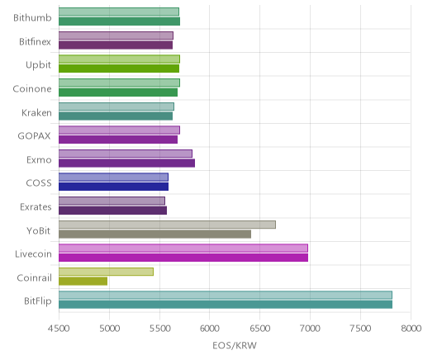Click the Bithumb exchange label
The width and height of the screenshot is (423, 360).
pos(32,17)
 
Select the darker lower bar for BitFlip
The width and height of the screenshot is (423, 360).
pos(226,305)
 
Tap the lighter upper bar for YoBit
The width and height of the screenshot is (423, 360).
pos(167,225)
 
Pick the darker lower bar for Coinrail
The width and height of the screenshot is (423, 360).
pos(83,282)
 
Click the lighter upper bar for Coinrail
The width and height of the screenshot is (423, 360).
pos(106,272)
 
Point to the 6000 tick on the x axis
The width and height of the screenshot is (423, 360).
pos(209,329)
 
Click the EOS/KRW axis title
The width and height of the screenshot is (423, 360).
pos(235,345)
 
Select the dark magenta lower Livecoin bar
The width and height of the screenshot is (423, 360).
pos(183,258)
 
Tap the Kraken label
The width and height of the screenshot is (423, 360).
pos(36,113)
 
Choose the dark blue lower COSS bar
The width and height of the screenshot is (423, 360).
pos(113,187)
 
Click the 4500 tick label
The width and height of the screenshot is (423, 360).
pos(59,329)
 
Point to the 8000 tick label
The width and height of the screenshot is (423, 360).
pos(411,329)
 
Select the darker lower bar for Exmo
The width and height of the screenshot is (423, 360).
pos(126,163)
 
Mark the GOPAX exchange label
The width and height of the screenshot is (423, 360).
pos(35,136)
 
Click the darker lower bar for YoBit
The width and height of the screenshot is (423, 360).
pos(154,234)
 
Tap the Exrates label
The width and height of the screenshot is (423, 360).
pos(36,207)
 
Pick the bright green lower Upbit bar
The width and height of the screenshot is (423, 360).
pos(119,69)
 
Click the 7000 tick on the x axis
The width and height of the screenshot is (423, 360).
pos(310,329)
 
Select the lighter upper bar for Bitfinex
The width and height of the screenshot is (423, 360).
pos(116,36)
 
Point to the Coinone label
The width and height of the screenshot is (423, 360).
pos(32,89)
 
